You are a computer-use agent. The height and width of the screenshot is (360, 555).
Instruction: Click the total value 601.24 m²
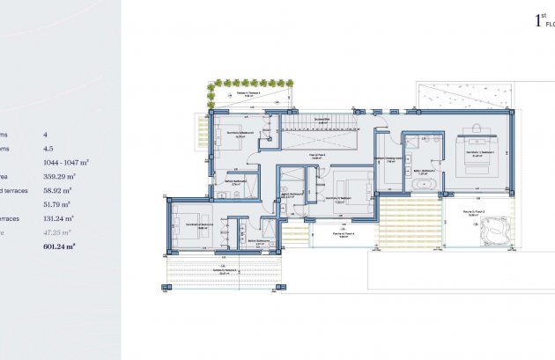(x=59, y=247)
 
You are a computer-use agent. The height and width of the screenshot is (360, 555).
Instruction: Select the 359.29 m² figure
(x=59, y=176)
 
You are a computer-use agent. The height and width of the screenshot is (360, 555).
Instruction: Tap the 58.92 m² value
(x=57, y=189)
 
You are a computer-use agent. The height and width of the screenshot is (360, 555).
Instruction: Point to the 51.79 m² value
(x=57, y=204)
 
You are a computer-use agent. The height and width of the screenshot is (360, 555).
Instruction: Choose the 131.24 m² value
(x=59, y=218)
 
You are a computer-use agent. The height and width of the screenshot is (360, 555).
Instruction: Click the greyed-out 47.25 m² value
(x=57, y=232)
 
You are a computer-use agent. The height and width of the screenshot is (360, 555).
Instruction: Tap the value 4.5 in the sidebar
(x=48, y=149)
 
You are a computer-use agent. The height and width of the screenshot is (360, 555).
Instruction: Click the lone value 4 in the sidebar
(x=46, y=135)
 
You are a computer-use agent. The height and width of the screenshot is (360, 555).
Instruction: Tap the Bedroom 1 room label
(x=476, y=152)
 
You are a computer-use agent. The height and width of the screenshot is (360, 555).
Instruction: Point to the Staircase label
(x=322, y=121)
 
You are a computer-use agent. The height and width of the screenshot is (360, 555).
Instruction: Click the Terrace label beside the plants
(x=250, y=92)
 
